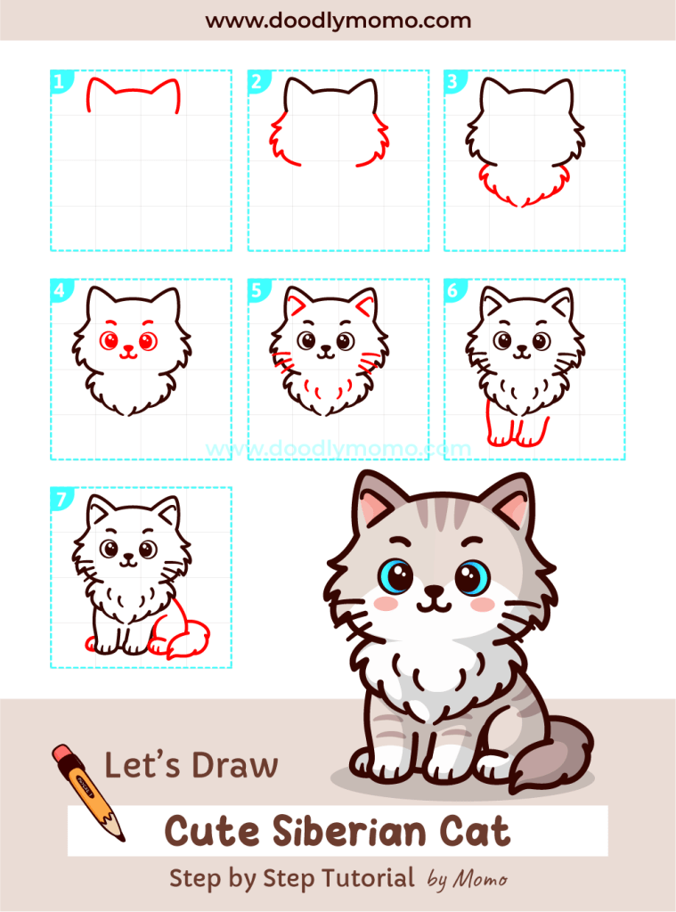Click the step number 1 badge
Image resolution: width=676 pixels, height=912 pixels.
click(59, 83)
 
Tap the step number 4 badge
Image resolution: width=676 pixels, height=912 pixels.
click(59, 290)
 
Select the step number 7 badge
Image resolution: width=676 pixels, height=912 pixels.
click(59, 500)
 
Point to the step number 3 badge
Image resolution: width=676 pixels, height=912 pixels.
click(452, 83)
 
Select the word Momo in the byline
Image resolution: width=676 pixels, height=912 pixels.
click(481, 880)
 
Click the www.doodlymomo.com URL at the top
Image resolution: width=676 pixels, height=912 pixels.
click(338, 20)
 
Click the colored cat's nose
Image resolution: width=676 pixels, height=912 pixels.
click(434, 590)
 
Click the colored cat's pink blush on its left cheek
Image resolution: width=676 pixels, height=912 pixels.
click(386, 603)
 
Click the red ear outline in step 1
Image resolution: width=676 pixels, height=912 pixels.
click(134, 92)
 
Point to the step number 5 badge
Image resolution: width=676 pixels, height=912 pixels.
click(257, 290)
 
